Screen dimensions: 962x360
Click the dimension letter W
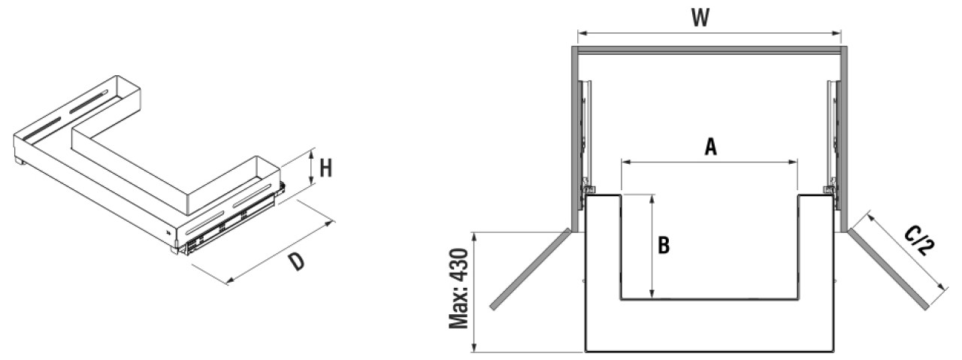pyautogui.click(x=700, y=18)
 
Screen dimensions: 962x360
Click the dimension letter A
pyautogui.click(x=711, y=147)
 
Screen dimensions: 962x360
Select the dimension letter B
pyautogui.click(x=664, y=245)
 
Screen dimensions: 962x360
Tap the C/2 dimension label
pyautogui.click(x=918, y=242)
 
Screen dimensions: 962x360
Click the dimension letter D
pyautogui.click(x=297, y=262)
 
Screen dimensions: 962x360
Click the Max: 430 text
pyautogui.click(x=458, y=289)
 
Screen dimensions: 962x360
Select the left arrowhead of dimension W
pyautogui.click(x=582, y=32)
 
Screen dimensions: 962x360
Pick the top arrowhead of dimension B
pyautogui.click(x=652, y=199)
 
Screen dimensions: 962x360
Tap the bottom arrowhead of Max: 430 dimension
pyautogui.click(x=474, y=347)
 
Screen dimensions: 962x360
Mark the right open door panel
pyautogui.click(x=888, y=269)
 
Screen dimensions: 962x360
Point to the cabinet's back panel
pyautogui.click(x=709, y=51)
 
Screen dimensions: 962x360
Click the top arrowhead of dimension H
pyautogui.click(x=313, y=153)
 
